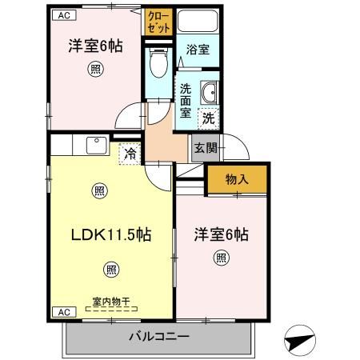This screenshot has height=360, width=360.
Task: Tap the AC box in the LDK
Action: click(x=62, y=311)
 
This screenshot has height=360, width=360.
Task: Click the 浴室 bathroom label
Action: click(x=198, y=50)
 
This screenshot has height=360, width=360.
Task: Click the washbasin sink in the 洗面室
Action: click(x=209, y=94)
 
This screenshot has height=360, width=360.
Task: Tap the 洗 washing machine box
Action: click(x=208, y=117)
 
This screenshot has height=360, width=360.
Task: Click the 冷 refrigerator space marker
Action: click(x=129, y=152)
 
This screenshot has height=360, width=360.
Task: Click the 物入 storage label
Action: click(x=237, y=179)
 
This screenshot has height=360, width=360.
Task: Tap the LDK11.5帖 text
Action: click(x=111, y=236)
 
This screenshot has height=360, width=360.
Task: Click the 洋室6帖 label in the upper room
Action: click(x=95, y=46)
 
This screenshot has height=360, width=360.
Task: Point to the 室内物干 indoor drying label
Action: click(x=110, y=301)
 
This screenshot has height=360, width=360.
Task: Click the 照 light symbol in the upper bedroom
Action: click(x=95, y=70)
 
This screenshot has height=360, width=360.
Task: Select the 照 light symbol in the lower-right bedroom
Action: click(x=221, y=258)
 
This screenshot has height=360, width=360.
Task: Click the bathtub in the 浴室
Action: click(x=198, y=24)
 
